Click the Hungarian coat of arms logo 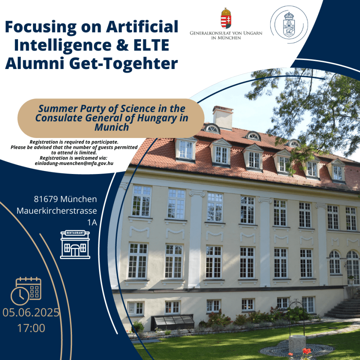pos(226,18)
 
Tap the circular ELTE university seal pos(289,25)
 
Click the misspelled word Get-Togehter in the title pos(123,64)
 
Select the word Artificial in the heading pos(142,27)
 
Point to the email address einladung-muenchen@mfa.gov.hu pos(74,163)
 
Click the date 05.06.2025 pos(31,312)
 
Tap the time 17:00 pos(31,328)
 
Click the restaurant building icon pos(75,244)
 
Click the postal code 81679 pos(46,199)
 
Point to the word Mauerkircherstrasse pos(57,211)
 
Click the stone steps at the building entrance pos(343,308)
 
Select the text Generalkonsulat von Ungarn pos(226,33)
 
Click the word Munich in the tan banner pos(112,127)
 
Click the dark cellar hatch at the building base pos(172,322)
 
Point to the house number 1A pos(92,222)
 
